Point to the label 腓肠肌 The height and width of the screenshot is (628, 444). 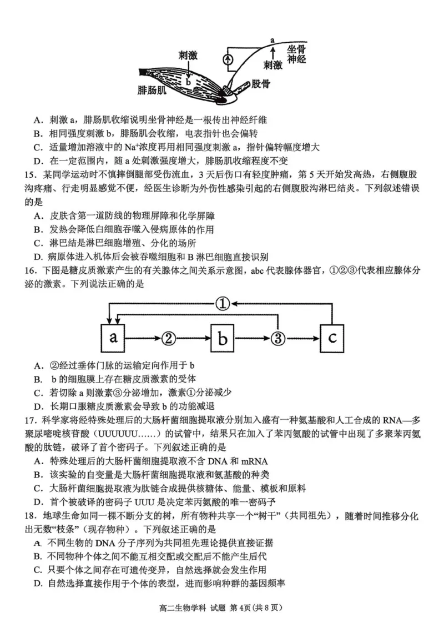pyautogui.click(x=153, y=90)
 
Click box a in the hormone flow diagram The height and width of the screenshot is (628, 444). pyautogui.click(x=113, y=338)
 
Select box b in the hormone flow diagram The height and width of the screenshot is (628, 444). pyautogui.click(x=223, y=338)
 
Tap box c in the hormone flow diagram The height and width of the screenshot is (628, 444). pyautogui.click(x=332, y=338)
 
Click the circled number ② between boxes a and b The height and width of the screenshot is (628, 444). pyautogui.click(x=168, y=338)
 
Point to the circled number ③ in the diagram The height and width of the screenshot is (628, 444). pyautogui.click(x=277, y=338)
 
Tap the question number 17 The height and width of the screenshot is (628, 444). pyautogui.click(x=32, y=420)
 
